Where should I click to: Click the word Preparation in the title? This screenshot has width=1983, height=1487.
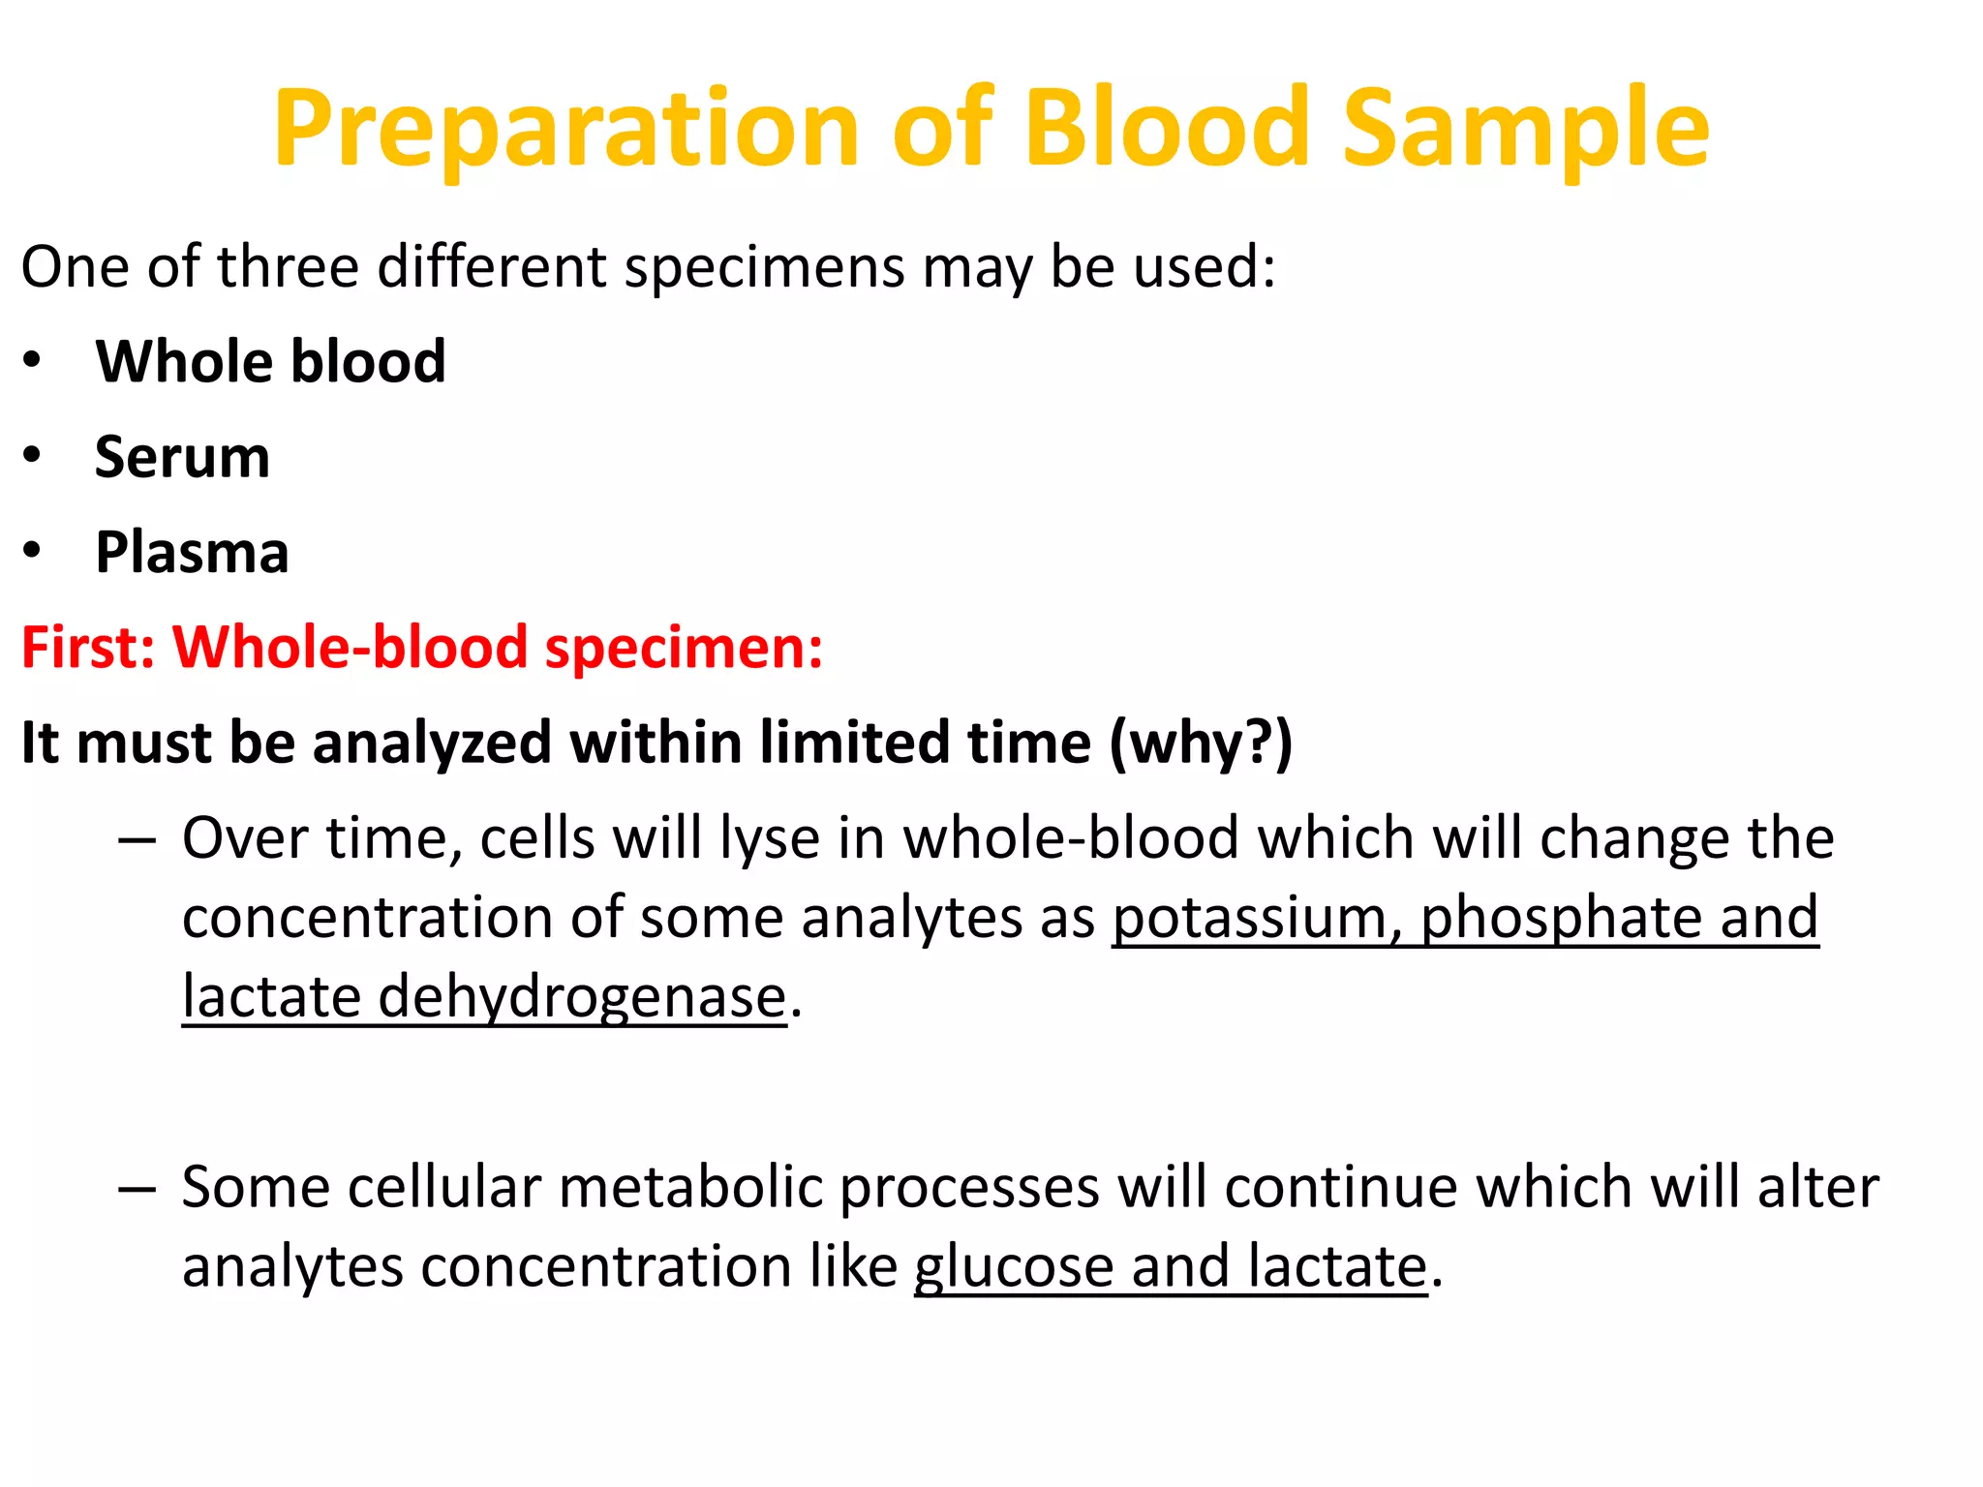(x=566, y=131)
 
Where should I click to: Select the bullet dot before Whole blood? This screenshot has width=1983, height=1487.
(x=33, y=360)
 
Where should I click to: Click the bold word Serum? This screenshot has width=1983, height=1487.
(x=182, y=457)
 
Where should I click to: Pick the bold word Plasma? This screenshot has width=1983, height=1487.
(x=192, y=552)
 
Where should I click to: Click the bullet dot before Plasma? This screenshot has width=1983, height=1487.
(x=33, y=550)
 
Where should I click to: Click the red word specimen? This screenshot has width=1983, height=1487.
(x=684, y=647)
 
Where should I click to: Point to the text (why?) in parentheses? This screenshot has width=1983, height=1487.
(x=1200, y=743)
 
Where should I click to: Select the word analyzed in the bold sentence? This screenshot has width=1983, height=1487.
(x=431, y=743)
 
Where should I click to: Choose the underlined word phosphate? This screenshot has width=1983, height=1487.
(x=1560, y=918)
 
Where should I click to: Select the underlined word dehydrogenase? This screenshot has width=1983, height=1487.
(x=581, y=997)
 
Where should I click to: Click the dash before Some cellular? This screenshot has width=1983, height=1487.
(x=137, y=1189)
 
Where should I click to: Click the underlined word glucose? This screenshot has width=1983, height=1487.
(x=1013, y=1266)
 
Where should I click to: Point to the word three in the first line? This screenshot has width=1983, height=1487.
(x=288, y=266)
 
